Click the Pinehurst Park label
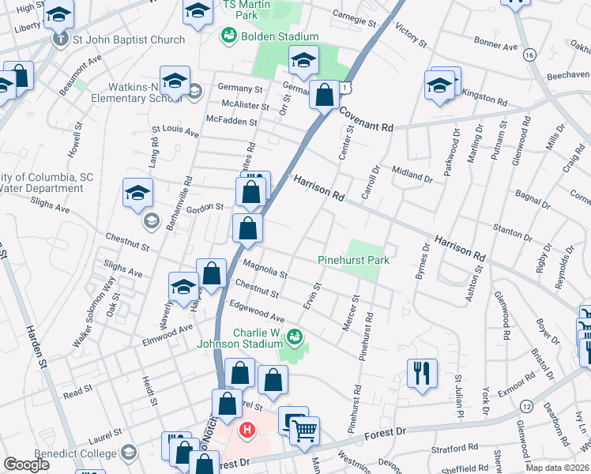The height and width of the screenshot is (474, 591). click(x=355, y=259)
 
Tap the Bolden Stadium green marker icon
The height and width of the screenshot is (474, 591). click(x=229, y=36)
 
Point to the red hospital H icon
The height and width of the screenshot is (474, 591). click(x=247, y=431)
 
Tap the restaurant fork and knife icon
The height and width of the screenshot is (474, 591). click(x=422, y=373)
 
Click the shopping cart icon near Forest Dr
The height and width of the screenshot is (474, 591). click(x=304, y=431)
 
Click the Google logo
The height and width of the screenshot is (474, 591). click(x=27, y=465)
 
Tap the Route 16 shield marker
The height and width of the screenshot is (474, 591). click(x=529, y=55)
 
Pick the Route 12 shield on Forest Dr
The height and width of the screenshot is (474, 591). click(x=526, y=405)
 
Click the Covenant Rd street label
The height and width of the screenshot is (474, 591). click(x=366, y=120)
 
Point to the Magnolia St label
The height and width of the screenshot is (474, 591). click(x=265, y=269)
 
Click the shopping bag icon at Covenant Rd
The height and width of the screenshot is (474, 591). click(x=324, y=96)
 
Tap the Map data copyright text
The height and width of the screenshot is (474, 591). click(x=558, y=468)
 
